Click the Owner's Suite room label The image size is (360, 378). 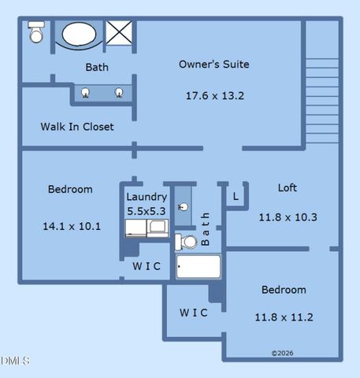pos(214,65)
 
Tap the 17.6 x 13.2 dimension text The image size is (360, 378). pos(214,96)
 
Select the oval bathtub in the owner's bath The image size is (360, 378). pos(77,35)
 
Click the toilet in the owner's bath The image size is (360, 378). pos(36,32)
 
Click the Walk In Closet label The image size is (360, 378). pos(77,127)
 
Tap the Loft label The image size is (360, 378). pos(288,188)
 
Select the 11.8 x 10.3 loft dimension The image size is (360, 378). pos(288,217)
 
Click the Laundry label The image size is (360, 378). pos(147,197)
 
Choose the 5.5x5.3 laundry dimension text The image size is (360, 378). pos(147,211)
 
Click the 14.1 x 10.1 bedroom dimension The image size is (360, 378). pos(71,227)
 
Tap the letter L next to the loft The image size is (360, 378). pos(236,196)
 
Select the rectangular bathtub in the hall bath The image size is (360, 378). pos(199,268)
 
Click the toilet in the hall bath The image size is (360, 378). pos(186,241)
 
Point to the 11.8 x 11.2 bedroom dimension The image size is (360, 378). pos(284,317)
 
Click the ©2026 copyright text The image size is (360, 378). pos(283,354)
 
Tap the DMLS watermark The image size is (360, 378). pos(15,361)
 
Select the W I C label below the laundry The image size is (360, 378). pos(146,266)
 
